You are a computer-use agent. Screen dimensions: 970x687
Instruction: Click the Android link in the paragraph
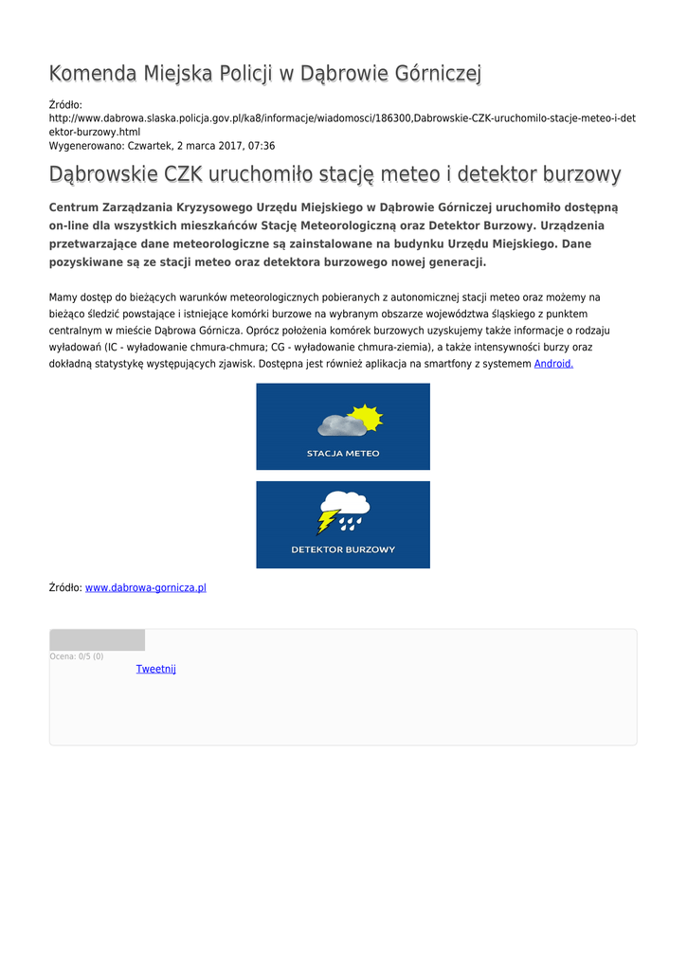click(x=553, y=363)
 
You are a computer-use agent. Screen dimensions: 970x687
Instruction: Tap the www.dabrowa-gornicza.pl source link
click(x=146, y=587)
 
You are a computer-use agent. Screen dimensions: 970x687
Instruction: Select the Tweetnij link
click(x=155, y=669)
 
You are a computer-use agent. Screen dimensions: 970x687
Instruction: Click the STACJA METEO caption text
click(x=342, y=453)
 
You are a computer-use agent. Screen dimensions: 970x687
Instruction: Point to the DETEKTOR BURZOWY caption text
click(x=342, y=549)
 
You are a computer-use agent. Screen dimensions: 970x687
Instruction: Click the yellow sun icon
click(x=364, y=417)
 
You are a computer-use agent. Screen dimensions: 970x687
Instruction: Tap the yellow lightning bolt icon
click(x=328, y=521)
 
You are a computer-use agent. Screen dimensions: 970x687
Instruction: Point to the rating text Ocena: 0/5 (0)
click(x=77, y=656)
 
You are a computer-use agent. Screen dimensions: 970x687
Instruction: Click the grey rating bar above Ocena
click(x=98, y=639)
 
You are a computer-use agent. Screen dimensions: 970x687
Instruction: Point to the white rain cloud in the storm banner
click(x=347, y=503)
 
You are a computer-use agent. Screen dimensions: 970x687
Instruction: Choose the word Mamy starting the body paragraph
click(x=63, y=297)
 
